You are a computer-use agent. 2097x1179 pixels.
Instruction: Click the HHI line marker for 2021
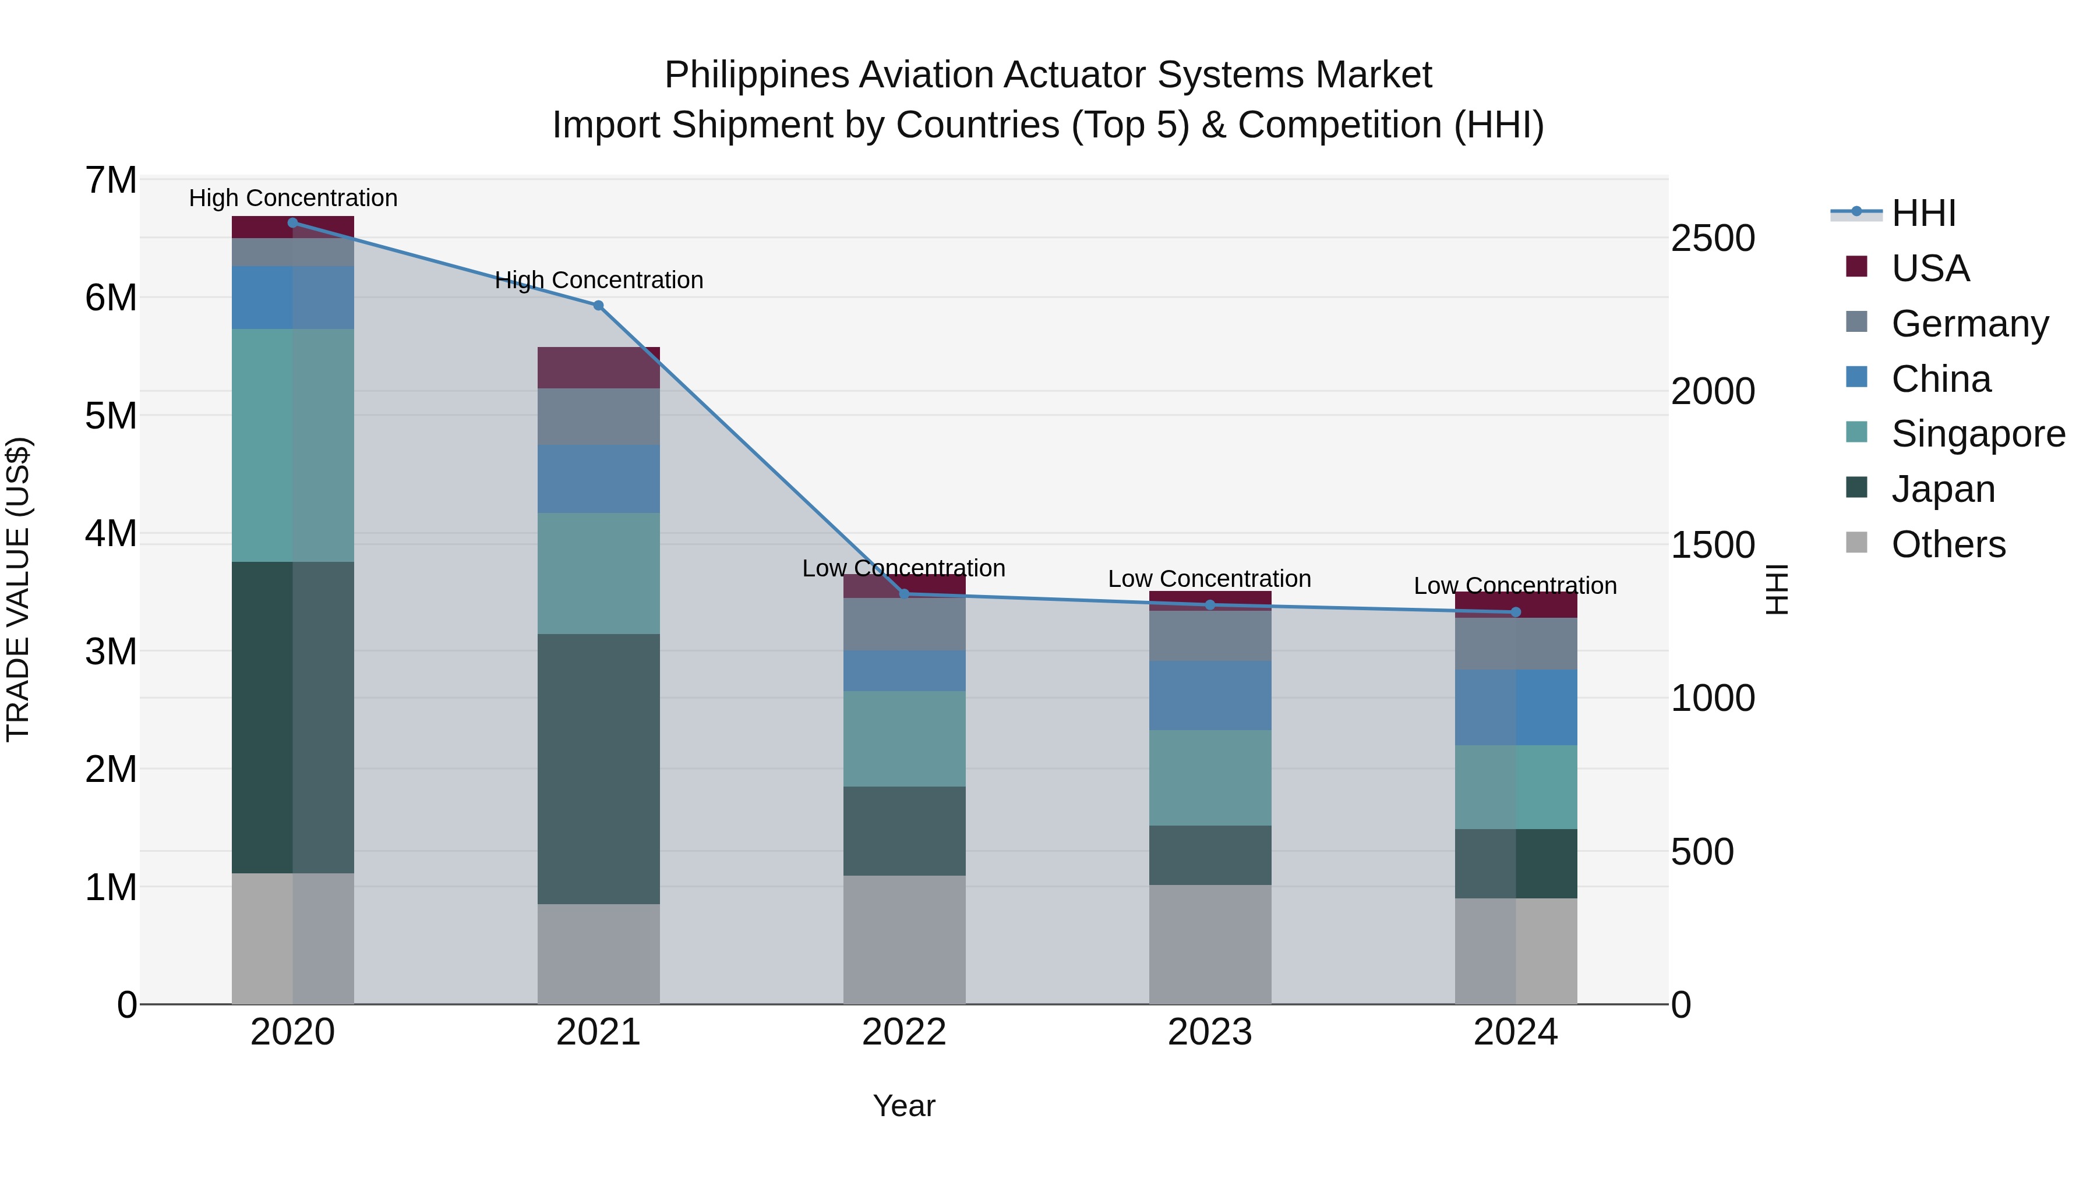598,305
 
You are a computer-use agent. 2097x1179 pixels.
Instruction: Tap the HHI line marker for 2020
293,223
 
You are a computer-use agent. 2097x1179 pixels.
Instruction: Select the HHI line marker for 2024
1515,612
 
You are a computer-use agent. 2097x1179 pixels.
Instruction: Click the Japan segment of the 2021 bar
598,769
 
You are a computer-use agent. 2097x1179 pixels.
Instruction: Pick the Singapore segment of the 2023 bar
1210,778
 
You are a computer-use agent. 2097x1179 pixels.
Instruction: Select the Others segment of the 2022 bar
903,940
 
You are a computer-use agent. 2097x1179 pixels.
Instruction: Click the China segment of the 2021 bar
598,479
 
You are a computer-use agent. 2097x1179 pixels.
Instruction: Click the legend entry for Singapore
1978,434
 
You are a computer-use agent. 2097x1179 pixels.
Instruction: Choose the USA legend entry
1929,268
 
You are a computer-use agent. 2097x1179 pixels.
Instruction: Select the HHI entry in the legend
1923,213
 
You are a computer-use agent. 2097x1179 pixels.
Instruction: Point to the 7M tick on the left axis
111,180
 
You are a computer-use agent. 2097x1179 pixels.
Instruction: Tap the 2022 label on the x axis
903,1032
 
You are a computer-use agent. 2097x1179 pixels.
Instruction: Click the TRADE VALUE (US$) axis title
18,590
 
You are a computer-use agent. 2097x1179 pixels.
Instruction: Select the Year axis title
903,1106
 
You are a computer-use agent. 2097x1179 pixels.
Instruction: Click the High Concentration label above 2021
598,280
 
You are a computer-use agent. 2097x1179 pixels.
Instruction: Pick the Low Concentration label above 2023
1210,579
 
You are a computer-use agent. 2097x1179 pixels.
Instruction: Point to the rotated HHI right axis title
1777,590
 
